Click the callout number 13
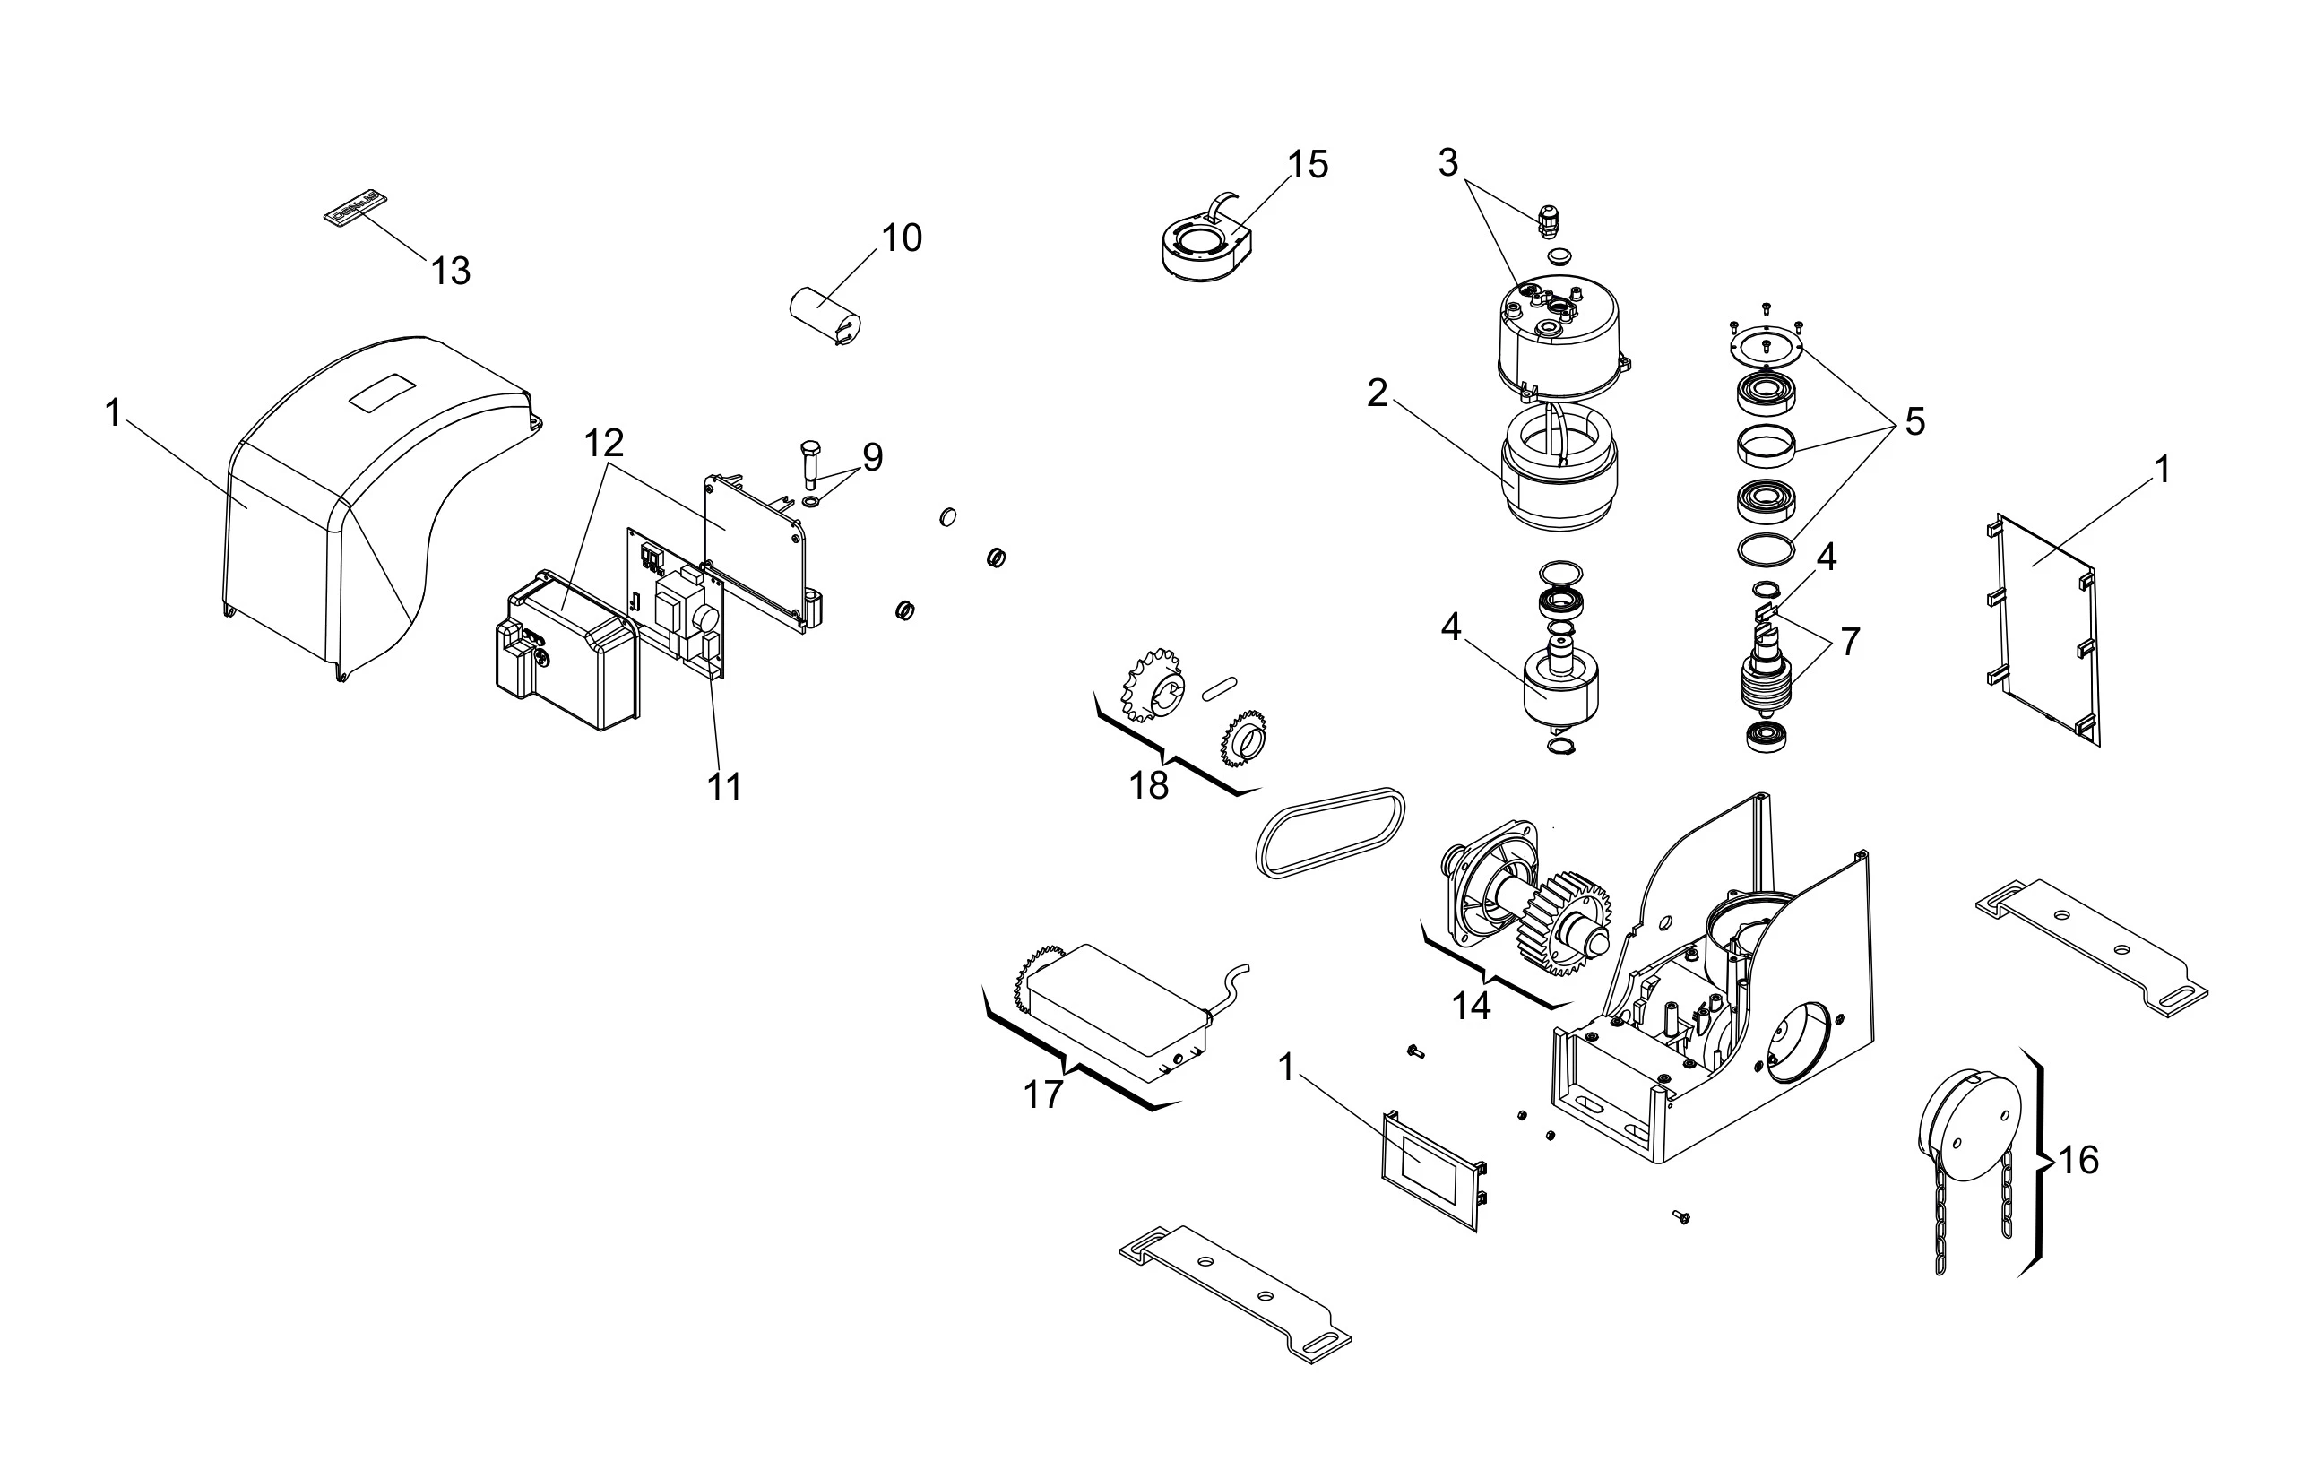pos(451,272)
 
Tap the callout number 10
pos(902,238)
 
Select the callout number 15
pos(1308,165)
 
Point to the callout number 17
pos(1042,1094)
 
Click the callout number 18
pos(1148,786)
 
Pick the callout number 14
pos(1471,1007)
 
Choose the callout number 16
pos(2078,1159)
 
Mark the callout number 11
pos(725,788)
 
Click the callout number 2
pos(1378,393)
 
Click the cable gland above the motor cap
pos(1547,222)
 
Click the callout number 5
pos(1914,422)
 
